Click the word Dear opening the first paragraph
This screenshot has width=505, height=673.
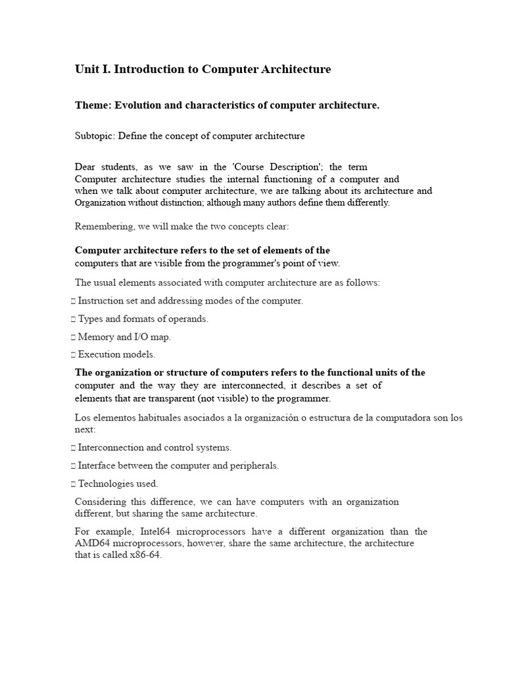pos(85,167)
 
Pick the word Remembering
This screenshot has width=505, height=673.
pos(103,227)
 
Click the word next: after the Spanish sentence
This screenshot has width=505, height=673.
pos(85,429)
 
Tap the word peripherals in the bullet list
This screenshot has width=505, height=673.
pos(252,465)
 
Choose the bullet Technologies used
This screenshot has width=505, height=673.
pos(118,484)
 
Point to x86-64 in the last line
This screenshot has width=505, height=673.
pos(145,555)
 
